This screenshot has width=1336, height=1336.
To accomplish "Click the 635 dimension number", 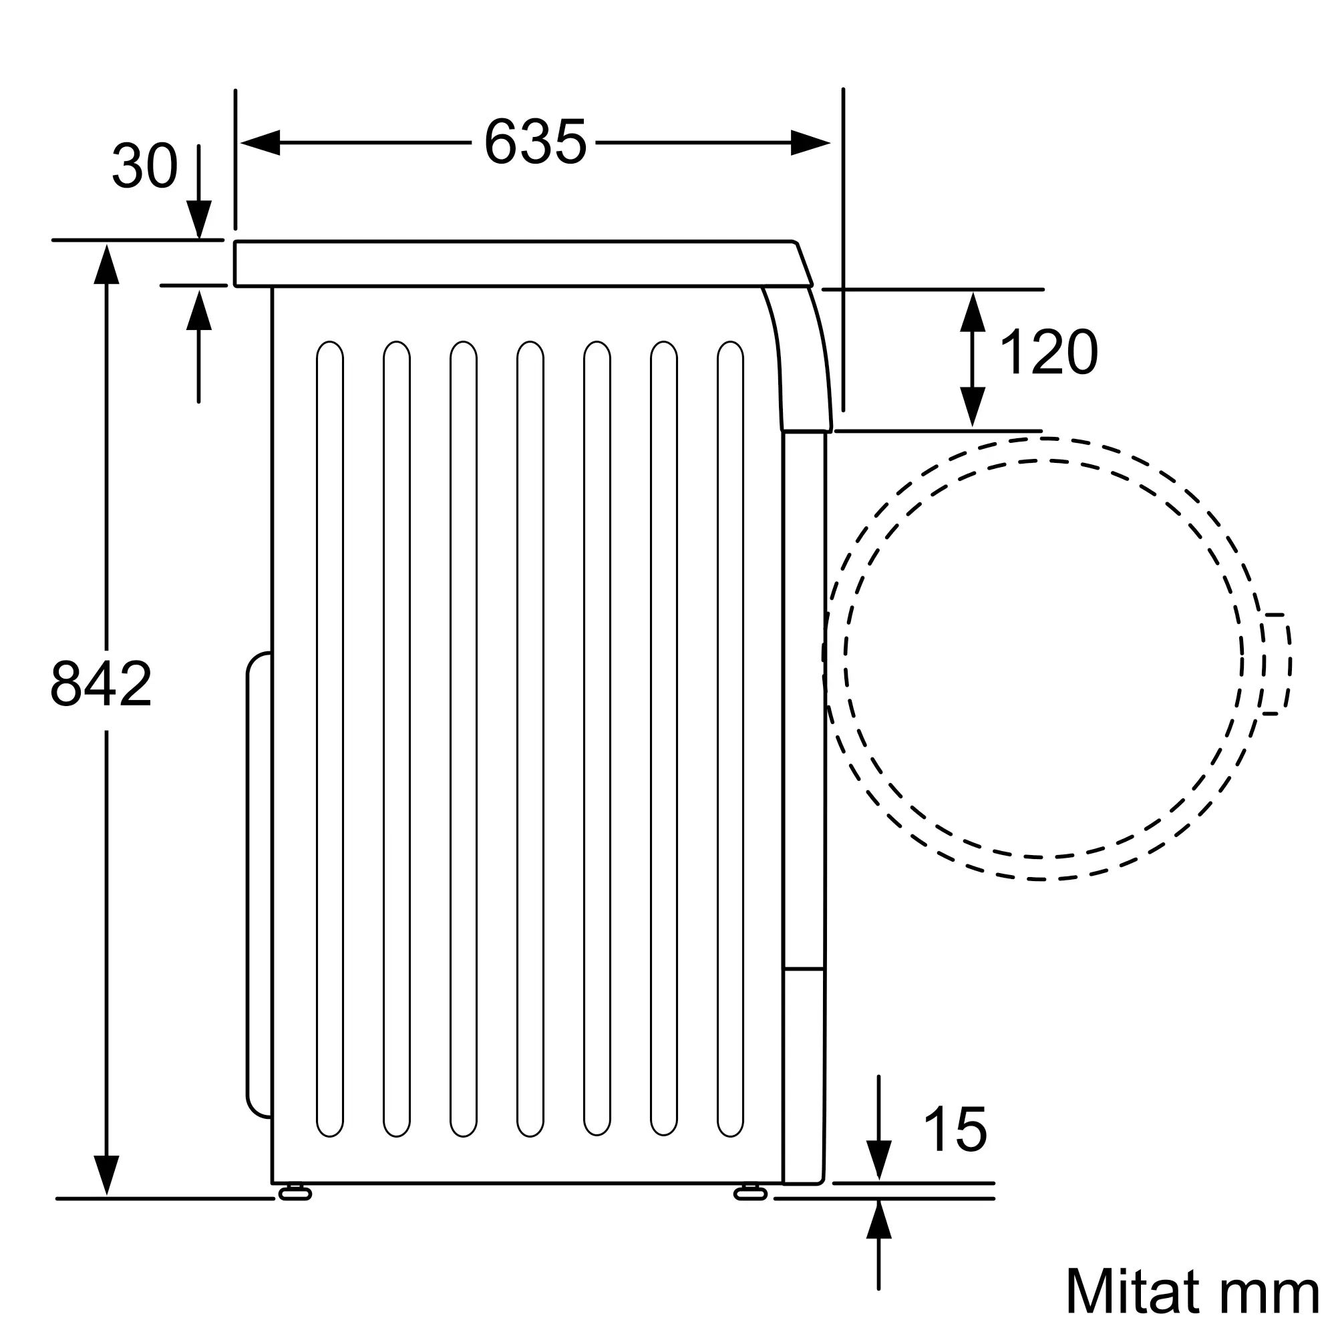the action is [535, 142].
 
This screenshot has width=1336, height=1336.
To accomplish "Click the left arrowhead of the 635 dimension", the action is [259, 142].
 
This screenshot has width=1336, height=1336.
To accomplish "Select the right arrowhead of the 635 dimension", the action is [810, 142].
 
